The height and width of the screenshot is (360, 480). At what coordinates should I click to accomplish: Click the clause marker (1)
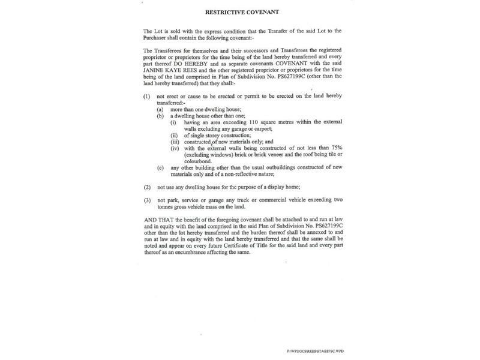pyautogui.click(x=147, y=96)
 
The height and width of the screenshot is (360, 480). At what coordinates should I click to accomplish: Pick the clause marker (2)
pyautogui.click(x=147, y=188)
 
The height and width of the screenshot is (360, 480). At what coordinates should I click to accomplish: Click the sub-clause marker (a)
pyautogui.click(x=160, y=109)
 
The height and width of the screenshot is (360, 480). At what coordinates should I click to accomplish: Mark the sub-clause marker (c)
pyautogui.click(x=160, y=167)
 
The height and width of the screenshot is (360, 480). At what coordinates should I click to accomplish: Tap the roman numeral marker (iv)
pyautogui.click(x=175, y=148)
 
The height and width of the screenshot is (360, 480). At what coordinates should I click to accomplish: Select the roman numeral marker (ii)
pyautogui.click(x=174, y=136)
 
